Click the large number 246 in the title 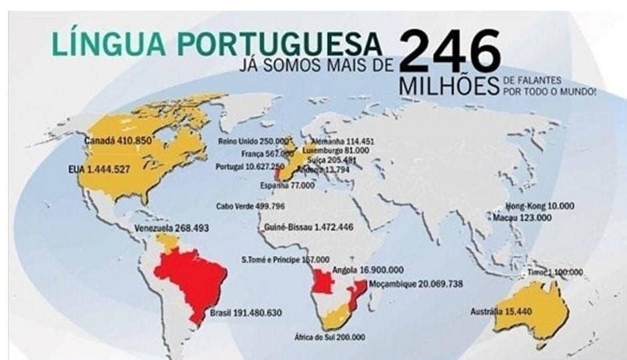tap(450, 51)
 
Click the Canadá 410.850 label tap(119, 141)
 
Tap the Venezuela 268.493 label tap(172, 228)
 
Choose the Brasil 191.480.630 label tap(246, 313)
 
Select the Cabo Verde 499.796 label tap(251, 206)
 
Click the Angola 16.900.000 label tap(366, 271)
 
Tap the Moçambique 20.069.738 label tap(412, 284)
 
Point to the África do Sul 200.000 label tap(330, 337)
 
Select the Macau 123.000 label tap(523, 218)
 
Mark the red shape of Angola tap(323, 283)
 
